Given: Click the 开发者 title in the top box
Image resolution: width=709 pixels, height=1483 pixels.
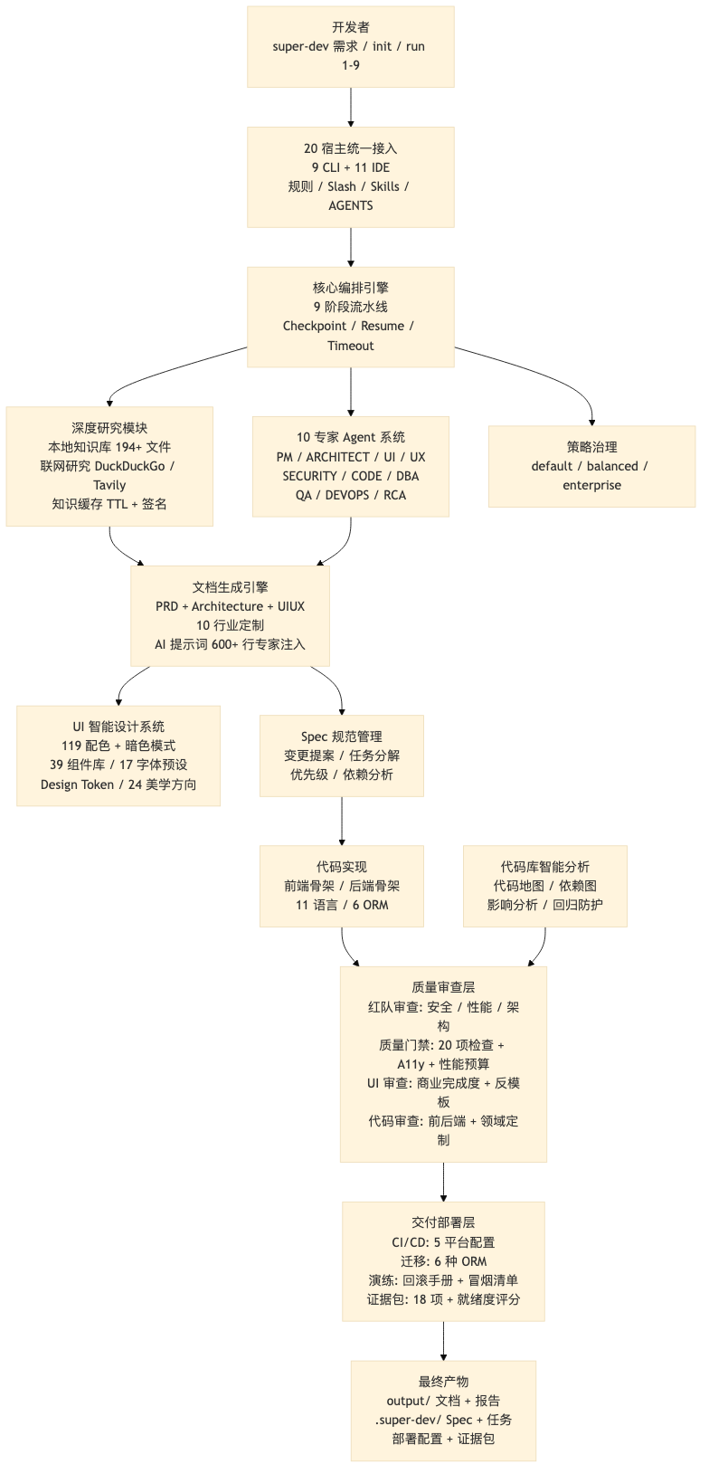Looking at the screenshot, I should [350, 27].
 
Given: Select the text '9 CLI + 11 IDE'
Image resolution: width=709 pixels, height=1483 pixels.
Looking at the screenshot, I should [350, 167].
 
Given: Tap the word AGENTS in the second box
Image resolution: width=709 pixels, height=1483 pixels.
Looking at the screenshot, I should [350, 205].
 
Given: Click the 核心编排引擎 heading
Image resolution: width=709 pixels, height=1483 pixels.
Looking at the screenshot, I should [350, 288].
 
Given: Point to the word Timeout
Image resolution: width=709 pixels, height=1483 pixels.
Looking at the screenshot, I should [350, 346].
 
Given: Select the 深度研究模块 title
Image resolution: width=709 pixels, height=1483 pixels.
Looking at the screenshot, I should [109, 428].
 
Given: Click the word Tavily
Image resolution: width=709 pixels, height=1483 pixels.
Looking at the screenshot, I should [109, 485].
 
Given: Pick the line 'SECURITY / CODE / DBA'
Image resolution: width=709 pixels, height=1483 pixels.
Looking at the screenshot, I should [350, 476].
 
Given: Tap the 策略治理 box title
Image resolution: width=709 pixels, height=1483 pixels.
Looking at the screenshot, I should [591, 447].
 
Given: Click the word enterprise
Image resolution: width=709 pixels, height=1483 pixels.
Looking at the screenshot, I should [591, 485].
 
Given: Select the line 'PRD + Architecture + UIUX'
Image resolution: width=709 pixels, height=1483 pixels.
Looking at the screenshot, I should [230, 606].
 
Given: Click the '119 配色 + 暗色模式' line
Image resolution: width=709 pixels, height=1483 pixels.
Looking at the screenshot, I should [118, 746].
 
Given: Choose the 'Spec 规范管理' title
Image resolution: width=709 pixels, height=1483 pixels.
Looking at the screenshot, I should [341, 737].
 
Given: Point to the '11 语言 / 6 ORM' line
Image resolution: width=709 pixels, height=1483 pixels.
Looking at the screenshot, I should [341, 905].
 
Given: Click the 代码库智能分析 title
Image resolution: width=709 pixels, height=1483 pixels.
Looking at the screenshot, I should [544, 867].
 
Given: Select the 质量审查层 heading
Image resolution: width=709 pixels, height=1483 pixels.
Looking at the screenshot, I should [443, 987].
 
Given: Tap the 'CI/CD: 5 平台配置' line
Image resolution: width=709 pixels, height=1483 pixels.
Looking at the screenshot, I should [443, 1242].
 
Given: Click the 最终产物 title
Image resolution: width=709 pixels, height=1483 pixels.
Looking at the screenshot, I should [443, 1382].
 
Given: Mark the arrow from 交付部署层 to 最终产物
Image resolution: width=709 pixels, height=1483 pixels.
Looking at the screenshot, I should [443, 1341].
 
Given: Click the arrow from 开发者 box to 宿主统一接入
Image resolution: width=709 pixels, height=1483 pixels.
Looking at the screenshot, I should [350, 107].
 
